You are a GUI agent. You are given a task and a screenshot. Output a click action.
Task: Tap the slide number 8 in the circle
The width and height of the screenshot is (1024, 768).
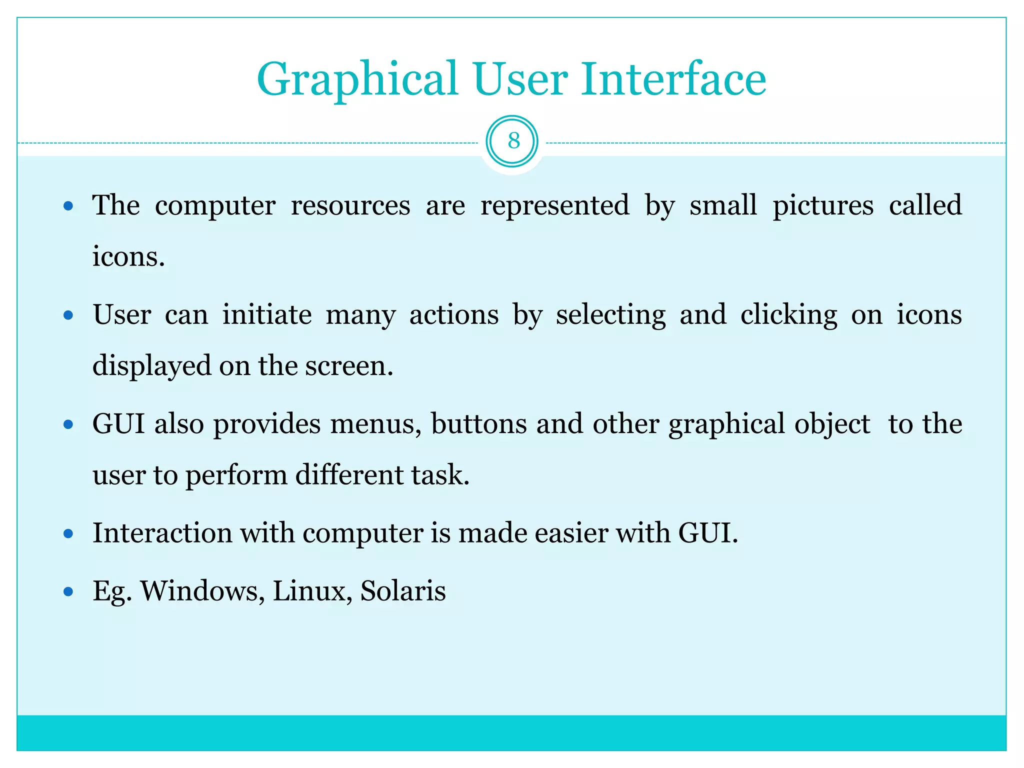pyautogui.click(x=513, y=141)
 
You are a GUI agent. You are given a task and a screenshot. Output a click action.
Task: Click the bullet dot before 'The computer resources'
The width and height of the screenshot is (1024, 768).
pyautogui.click(x=69, y=206)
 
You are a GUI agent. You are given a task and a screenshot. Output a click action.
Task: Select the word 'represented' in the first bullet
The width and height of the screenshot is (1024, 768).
pyautogui.click(x=554, y=205)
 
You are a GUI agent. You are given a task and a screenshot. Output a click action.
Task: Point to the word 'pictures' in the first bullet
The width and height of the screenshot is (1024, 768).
pyautogui.click(x=822, y=205)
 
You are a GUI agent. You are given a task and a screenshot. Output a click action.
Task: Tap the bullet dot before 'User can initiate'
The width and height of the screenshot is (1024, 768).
pyautogui.click(x=69, y=315)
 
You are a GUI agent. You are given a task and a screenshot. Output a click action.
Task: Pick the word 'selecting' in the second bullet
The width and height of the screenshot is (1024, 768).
pyautogui.click(x=610, y=315)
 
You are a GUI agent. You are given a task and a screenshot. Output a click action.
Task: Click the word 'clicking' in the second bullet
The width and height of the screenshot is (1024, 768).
pyautogui.click(x=788, y=315)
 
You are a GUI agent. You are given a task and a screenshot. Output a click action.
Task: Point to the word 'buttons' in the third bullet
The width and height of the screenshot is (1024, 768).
pyautogui.click(x=478, y=424)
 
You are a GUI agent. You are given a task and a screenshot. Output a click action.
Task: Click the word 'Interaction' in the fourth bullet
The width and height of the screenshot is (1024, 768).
pyautogui.click(x=162, y=532)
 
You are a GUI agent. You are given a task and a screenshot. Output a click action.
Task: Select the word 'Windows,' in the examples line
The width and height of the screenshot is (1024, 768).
pyautogui.click(x=202, y=591)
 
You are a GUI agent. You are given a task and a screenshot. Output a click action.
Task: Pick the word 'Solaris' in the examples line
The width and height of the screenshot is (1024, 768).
pyautogui.click(x=403, y=591)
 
